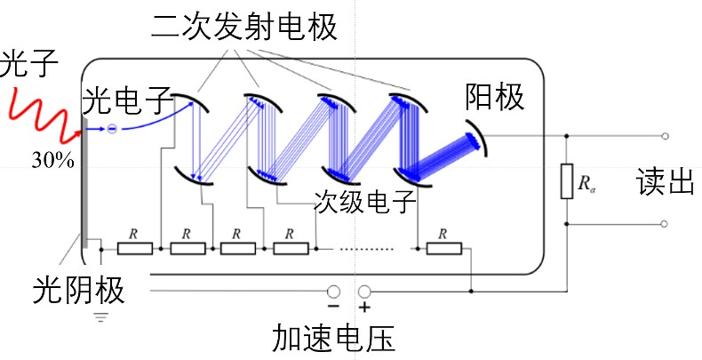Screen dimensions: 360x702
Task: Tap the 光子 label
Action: pyautogui.click(x=29, y=65)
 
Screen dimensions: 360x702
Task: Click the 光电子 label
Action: pyautogui.click(x=126, y=100)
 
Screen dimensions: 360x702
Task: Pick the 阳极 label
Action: pyautogui.click(x=495, y=99)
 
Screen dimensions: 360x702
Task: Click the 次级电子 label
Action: pyautogui.click(x=365, y=203)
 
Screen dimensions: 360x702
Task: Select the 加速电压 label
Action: pyautogui.click(x=334, y=339)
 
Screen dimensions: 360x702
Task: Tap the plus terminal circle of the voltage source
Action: pyautogui.click(x=363, y=291)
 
